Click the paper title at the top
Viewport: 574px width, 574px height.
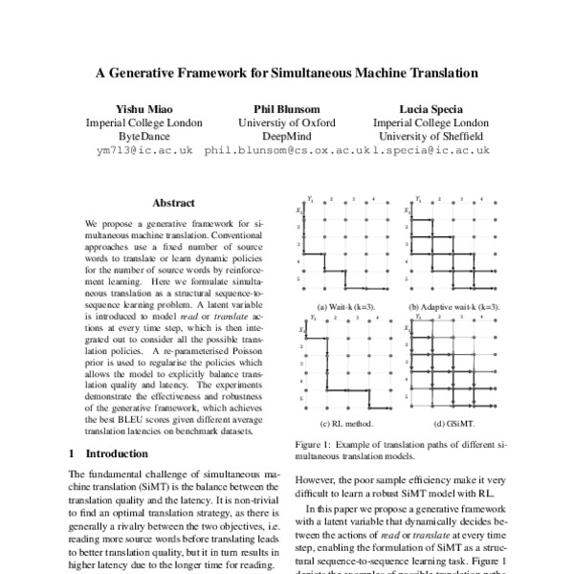[x=286, y=72]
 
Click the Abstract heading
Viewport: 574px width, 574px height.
[x=173, y=204]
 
